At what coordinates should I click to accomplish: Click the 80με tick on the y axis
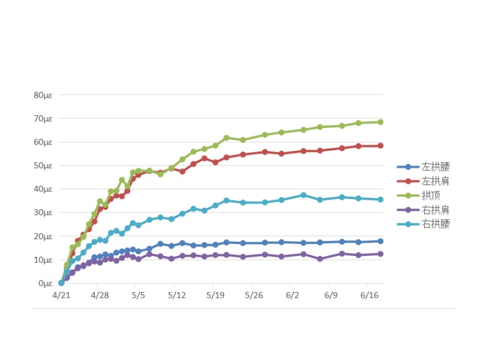(x=43, y=95)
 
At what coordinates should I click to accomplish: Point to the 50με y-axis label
(x=43, y=165)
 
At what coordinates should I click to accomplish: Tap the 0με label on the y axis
(x=46, y=283)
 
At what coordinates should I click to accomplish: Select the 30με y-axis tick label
(x=43, y=212)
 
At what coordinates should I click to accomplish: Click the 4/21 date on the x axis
(x=61, y=295)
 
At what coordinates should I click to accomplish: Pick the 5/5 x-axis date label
(x=138, y=295)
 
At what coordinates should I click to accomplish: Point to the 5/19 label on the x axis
(x=215, y=295)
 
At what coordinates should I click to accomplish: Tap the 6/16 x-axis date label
(x=369, y=295)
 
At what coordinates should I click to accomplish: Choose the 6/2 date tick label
(x=292, y=295)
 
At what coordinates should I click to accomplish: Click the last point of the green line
(x=381, y=122)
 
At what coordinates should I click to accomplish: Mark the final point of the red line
(x=381, y=146)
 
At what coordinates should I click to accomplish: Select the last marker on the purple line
(x=381, y=254)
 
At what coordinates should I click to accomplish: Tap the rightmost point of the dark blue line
(x=381, y=241)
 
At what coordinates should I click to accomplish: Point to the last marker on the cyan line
(x=381, y=200)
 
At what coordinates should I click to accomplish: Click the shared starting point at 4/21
(x=61, y=283)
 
